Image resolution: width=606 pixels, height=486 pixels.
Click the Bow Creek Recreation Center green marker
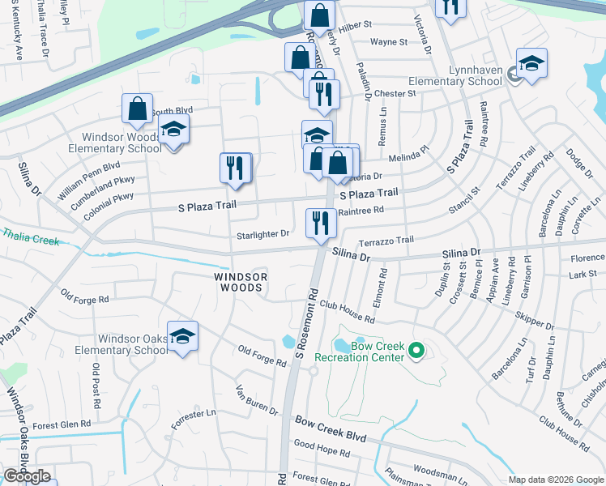[416, 351]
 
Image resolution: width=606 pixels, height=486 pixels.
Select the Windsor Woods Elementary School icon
[173, 131]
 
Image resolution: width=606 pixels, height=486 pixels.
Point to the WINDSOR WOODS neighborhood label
[239, 282]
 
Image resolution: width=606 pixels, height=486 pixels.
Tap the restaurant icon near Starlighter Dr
[321, 223]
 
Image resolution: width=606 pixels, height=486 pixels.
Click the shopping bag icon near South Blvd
[138, 109]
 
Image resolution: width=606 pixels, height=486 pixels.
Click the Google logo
[27, 476]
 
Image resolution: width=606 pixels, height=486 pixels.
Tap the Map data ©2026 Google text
[555, 480]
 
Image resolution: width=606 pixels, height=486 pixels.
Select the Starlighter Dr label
[262, 234]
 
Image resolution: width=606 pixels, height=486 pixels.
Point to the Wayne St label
[386, 42]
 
